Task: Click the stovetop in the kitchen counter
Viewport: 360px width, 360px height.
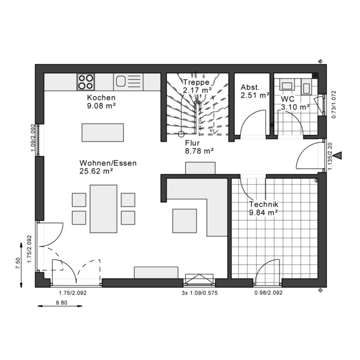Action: coord(85,82)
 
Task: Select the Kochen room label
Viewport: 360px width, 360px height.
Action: coord(101,98)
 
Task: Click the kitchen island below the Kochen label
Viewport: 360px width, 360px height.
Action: coord(103,132)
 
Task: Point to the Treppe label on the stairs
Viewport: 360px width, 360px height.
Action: coord(196,82)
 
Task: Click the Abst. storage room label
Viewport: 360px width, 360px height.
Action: coord(250,86)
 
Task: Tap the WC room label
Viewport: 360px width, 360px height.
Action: coord(288,98)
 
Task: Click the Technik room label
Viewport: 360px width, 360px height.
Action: coord(263,205)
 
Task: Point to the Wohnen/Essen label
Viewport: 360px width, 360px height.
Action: coord(108,163)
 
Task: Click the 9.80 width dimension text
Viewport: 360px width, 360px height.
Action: coord(61,303)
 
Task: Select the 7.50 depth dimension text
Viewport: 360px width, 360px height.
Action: coord(18,263)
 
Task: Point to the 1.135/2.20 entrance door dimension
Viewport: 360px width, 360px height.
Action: coord(330,156)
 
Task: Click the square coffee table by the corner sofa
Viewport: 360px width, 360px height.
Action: coord(185,221)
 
